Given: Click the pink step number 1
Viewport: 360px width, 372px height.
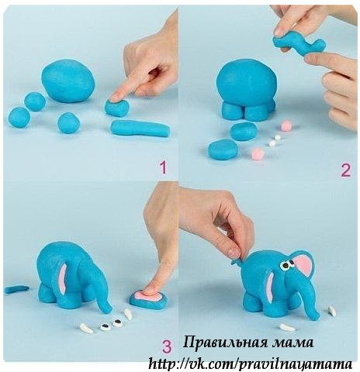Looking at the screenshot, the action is tap(163, 167).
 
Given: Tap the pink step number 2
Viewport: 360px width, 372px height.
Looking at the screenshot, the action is tap(346, 170).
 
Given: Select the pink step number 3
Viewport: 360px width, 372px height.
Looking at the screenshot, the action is tap(167, 346).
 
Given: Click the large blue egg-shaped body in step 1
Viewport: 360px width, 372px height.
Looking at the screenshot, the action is tap(67, 81).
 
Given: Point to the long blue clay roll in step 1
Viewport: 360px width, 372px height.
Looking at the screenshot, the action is tap(140, 128).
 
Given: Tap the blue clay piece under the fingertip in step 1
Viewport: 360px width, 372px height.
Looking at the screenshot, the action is tap(117, 108).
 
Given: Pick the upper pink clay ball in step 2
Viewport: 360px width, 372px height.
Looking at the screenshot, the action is tap(286, 126).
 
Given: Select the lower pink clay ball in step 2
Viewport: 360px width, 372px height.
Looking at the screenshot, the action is tap(258, 153).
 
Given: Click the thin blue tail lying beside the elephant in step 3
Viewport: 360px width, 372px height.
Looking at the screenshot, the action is tap(16, 289).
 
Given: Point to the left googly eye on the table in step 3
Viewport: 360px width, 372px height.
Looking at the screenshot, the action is tap(106, 328).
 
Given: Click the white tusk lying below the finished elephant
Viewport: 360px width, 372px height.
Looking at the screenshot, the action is tap(287, 328).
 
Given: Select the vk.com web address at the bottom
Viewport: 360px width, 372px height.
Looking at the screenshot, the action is tap(251, 363).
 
